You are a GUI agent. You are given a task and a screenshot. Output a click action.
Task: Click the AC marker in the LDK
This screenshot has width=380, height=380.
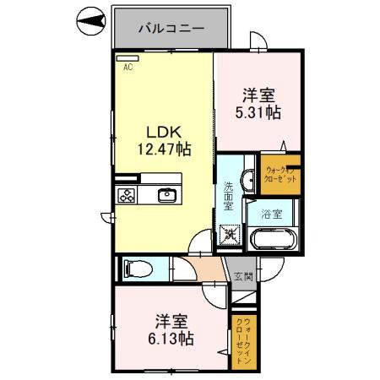[x=129, y=67]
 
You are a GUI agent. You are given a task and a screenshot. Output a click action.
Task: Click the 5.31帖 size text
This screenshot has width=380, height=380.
[x=260, y=111]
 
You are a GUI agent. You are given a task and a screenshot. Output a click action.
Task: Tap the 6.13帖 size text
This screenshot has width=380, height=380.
[x=175, y=338]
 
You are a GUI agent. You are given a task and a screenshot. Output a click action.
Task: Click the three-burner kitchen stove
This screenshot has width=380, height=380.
[x=128, y=195]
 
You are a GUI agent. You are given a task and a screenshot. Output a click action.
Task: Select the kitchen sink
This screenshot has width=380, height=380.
[x=166, y=195]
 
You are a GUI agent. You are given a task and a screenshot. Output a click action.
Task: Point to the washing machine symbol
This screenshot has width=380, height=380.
[x=228, y=234]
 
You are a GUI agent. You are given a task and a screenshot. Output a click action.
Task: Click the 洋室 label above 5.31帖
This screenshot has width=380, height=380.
[x=260, y=95]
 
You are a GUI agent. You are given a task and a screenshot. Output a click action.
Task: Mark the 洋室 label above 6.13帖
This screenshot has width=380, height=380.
[x=175, y=321]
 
